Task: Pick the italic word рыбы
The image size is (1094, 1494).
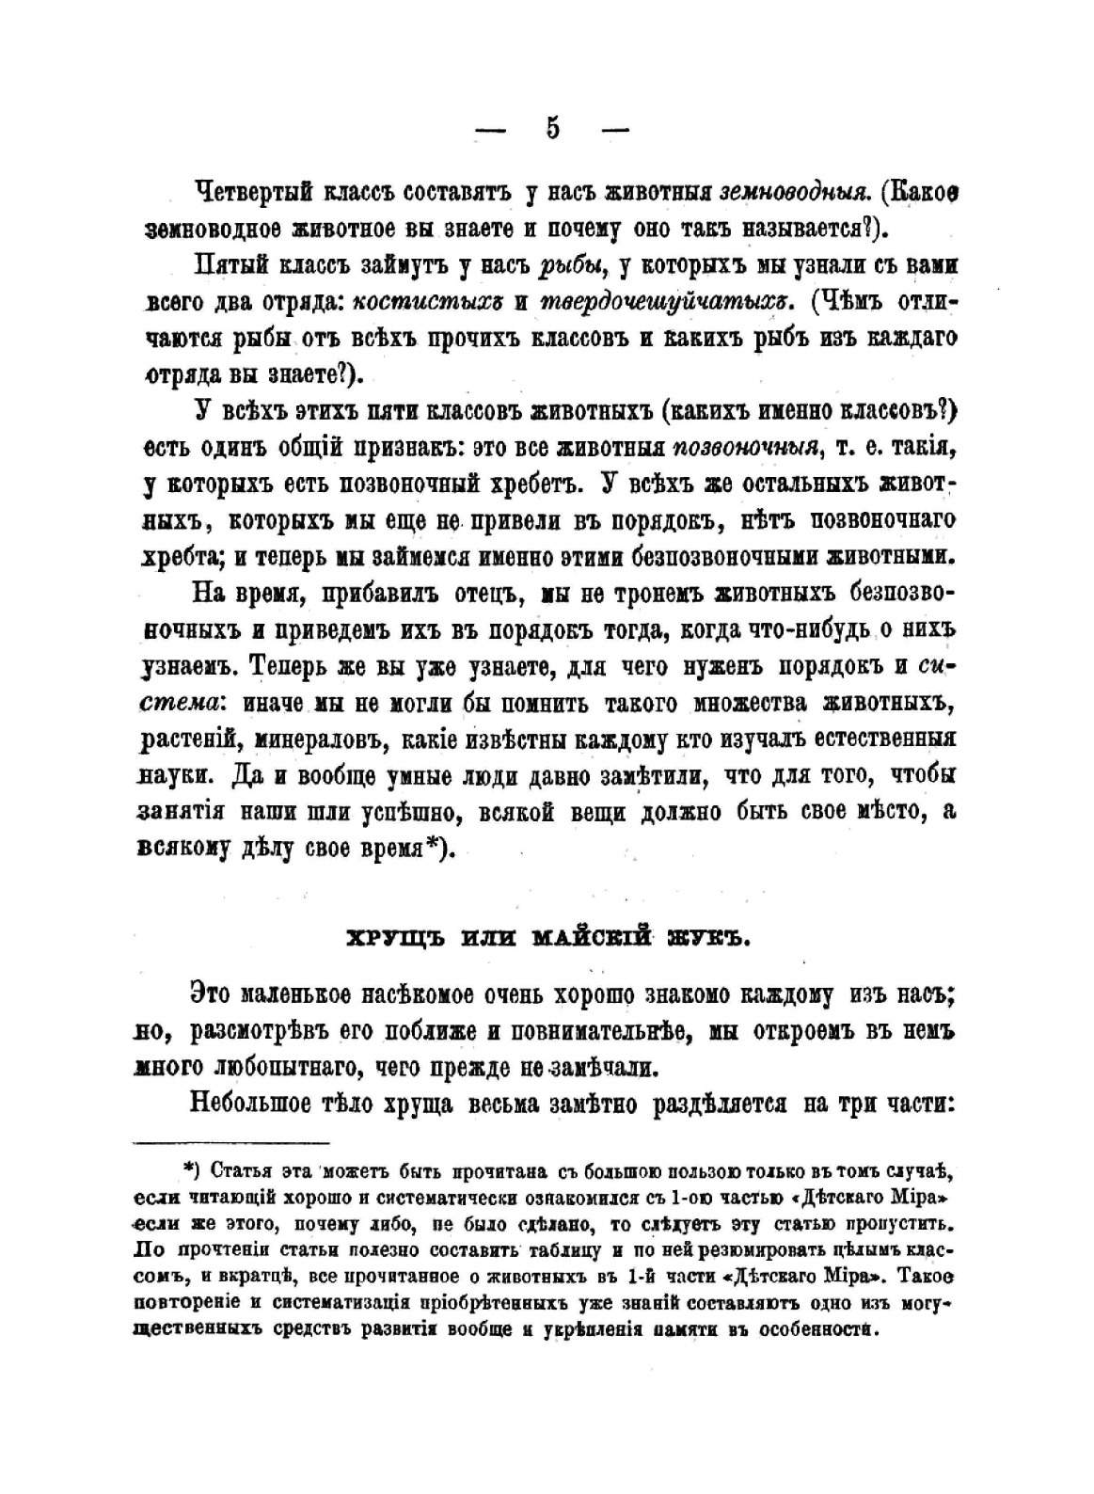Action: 568,266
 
